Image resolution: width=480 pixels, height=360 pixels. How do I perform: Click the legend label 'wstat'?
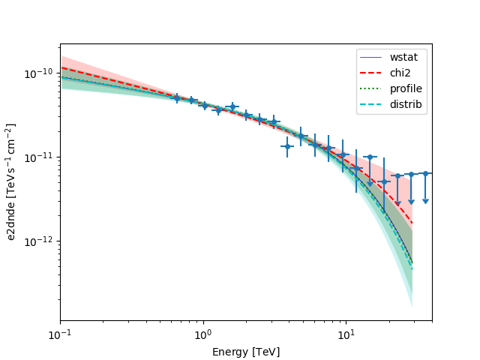tap(403, 57)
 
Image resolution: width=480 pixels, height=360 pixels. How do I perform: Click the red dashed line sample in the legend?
tap(373, 73)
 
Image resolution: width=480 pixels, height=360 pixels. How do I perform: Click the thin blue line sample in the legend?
tap(373, 57)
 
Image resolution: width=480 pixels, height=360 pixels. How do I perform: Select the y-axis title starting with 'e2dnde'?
tap(12, 182)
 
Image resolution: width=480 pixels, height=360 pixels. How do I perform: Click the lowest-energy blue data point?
tap(177, 97)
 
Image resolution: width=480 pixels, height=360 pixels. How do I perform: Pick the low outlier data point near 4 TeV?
tap(287, 146)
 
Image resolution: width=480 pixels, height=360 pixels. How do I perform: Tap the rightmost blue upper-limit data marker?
tap(425, 173)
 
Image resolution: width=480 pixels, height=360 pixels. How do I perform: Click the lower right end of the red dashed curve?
tap(412, 223)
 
